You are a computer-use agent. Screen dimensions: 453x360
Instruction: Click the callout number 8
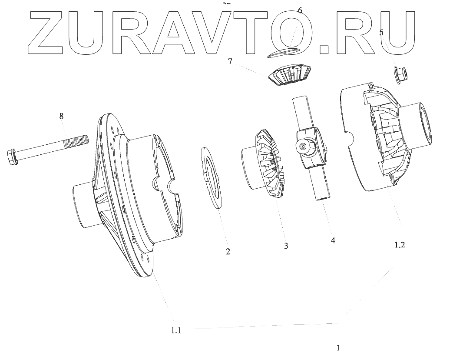61,116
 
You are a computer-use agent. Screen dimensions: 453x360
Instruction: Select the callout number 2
228,251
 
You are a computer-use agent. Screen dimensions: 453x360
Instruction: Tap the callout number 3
286,246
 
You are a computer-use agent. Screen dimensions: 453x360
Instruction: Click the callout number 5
381,32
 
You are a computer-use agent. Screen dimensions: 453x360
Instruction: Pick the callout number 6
300,10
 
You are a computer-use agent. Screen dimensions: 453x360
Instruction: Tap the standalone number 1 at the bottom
338,348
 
